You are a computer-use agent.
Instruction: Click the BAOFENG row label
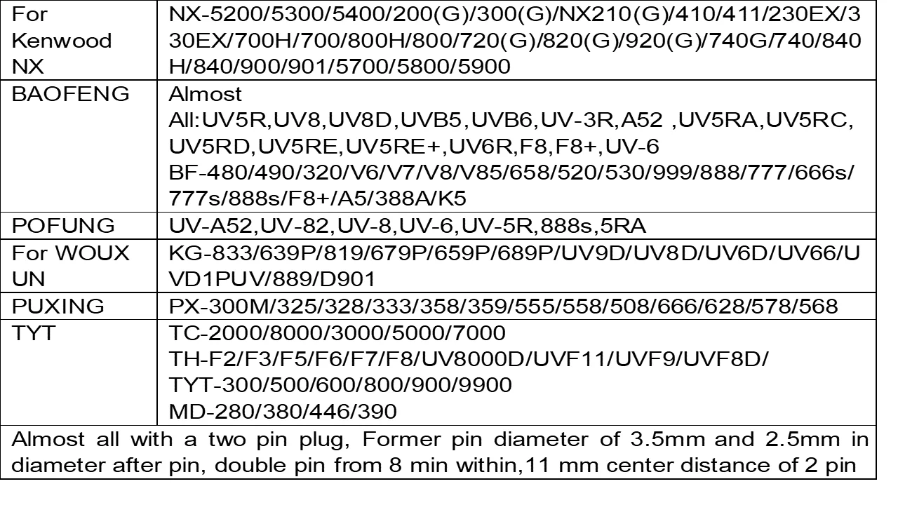point(71,93)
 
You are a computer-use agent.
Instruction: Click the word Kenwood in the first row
point(62,40)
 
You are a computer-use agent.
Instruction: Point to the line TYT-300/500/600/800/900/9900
point(341,384)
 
